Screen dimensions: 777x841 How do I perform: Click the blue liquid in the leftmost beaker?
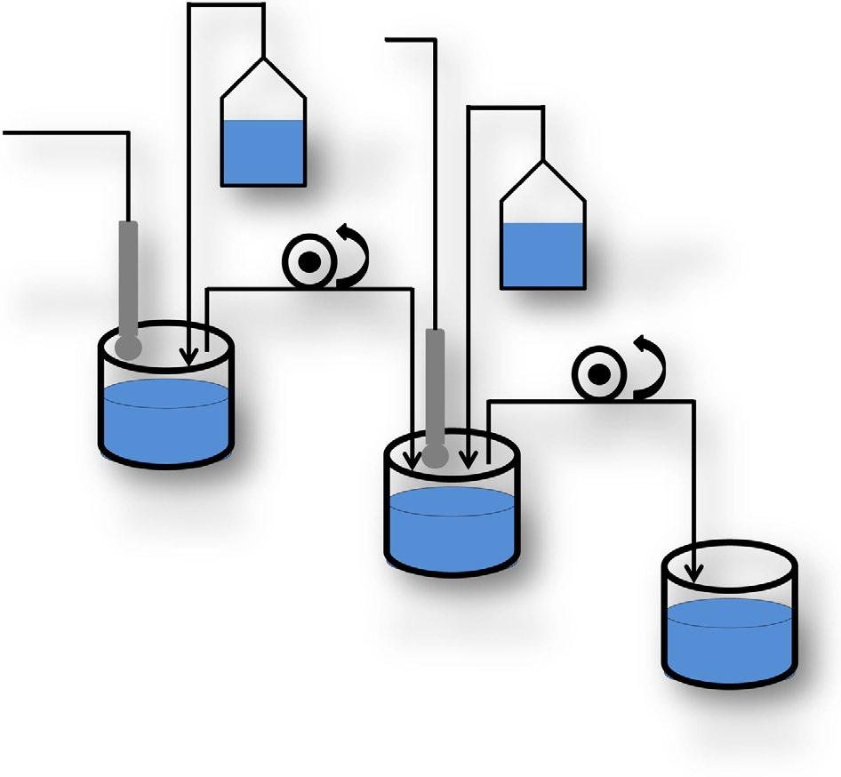166,422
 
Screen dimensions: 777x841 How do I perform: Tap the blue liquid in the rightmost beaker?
729,640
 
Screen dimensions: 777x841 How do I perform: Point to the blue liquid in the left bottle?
263,152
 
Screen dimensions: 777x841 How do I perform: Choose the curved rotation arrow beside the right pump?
648,364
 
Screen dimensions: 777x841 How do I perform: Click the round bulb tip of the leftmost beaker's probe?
128,343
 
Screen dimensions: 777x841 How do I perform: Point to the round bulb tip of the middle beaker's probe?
435,455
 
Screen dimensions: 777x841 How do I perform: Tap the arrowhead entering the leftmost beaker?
188,357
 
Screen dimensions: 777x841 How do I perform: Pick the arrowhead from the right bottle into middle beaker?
468,461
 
